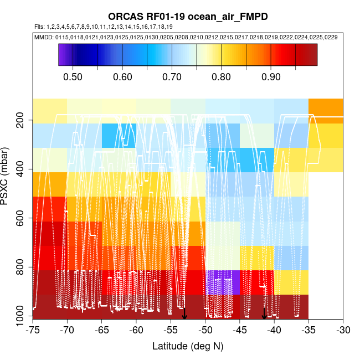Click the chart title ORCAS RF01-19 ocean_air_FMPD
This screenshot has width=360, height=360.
pyautogui.click(x=188, y=17)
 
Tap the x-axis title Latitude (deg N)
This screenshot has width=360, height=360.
pyautogui.click(x=188, y=346)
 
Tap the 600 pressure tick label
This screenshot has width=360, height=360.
pyautogui.click(x=23, y=219)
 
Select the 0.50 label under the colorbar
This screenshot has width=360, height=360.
pyautogui.click(x=73, y=76)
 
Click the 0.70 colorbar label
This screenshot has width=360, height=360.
pyautogui.click(x=172, y=76)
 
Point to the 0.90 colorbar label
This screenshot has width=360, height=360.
pyautogui.click(x=270, y=76)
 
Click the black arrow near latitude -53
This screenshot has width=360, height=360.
pyautogui.click(x=184, y=314)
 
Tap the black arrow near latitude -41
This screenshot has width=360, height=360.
pyautogui.click(x=264, y=314)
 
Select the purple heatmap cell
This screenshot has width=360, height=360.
pyautogui.click(x=223, y=282)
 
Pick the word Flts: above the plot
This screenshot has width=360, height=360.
pyautogui.click(x=39, y=27)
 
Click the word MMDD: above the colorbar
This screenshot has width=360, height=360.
pyautogui.click(x=44, y=37)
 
